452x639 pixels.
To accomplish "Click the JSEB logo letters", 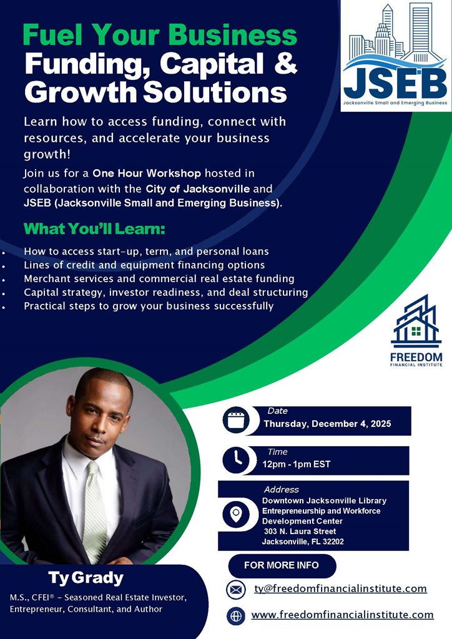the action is click(395, 83).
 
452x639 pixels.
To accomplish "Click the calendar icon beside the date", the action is click(236, 420).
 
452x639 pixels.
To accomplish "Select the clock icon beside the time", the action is click(236, 460).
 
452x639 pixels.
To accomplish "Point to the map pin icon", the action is click(236, 514).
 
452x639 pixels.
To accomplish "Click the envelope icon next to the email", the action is click(235, 589).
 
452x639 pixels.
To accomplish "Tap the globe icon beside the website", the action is click(235, 616).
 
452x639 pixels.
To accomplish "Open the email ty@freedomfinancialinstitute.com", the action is click(340, 588).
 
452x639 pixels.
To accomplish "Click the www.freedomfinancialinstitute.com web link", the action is click(342, 615).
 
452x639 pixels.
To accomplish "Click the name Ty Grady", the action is click(86, 578).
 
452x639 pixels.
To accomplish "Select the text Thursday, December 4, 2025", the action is click(327, 424).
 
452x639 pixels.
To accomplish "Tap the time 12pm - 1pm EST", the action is click(297, 464).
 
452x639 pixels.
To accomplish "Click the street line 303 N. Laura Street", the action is click(300, 532).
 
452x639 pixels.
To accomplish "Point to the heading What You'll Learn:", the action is click(94, 228).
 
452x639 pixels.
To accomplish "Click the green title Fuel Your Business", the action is click(160, 35).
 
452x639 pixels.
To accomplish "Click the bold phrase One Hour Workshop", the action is click(147, 173).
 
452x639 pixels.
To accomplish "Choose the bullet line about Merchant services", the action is click(159, 279).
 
